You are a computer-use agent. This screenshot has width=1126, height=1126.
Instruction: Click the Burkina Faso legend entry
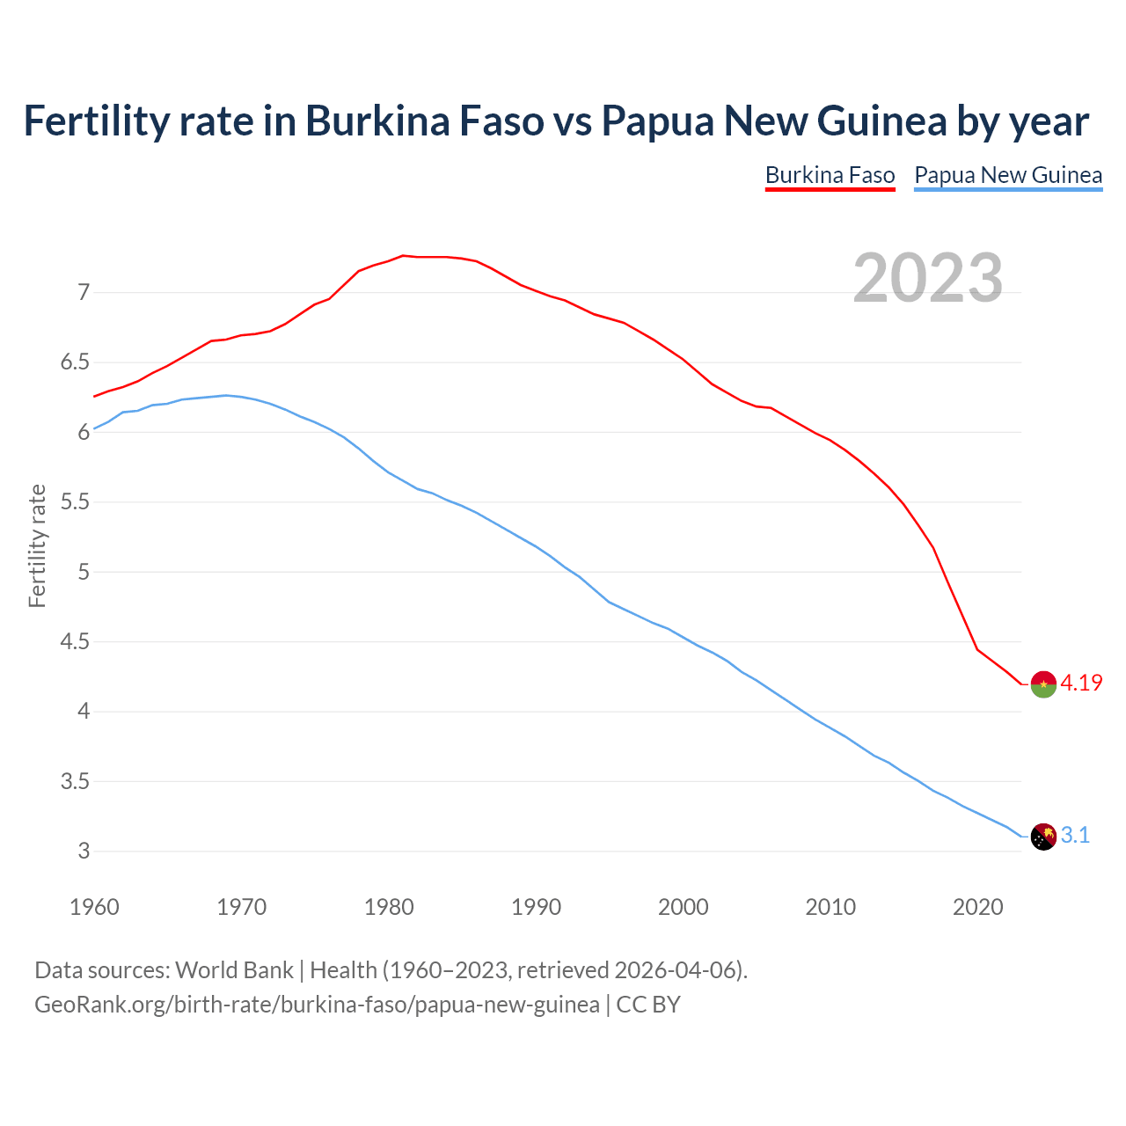(830, 175)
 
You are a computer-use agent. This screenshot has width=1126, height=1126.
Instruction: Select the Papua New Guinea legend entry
(1008, 175)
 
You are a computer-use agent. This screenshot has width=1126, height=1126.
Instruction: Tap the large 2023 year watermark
(927, 278)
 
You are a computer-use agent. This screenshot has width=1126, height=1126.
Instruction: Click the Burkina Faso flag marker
(1043, 684)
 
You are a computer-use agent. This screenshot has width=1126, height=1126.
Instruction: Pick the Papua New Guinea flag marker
(1043, 837)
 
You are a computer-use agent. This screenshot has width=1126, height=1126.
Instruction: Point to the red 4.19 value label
(1081, 683)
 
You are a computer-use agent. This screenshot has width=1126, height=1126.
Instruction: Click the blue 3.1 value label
(1075, 836)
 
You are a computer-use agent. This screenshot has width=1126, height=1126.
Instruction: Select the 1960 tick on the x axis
(94, 907)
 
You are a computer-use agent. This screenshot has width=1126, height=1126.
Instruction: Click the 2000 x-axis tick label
(683, 907)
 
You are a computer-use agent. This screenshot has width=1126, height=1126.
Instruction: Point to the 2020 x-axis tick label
(977, 907)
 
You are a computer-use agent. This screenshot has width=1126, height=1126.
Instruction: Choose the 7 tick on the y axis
(84, 292)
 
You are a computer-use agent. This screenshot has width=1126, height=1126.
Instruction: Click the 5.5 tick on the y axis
(75, 502)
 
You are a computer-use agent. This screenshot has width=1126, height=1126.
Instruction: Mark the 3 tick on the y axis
(84, 852)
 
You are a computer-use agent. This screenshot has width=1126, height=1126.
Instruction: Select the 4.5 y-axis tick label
(75, 642)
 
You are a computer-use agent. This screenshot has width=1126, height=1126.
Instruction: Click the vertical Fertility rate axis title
(37, 545)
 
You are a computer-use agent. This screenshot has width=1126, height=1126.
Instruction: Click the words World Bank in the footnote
(234, 970)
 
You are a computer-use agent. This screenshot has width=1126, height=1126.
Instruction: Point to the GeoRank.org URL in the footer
(317, 1005)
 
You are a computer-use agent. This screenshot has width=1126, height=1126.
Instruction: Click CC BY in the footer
(648, 1005)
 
